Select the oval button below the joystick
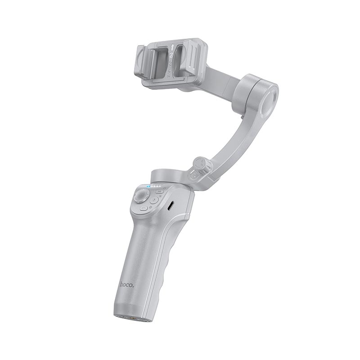click(144, 207)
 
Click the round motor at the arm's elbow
click(258, 94)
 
